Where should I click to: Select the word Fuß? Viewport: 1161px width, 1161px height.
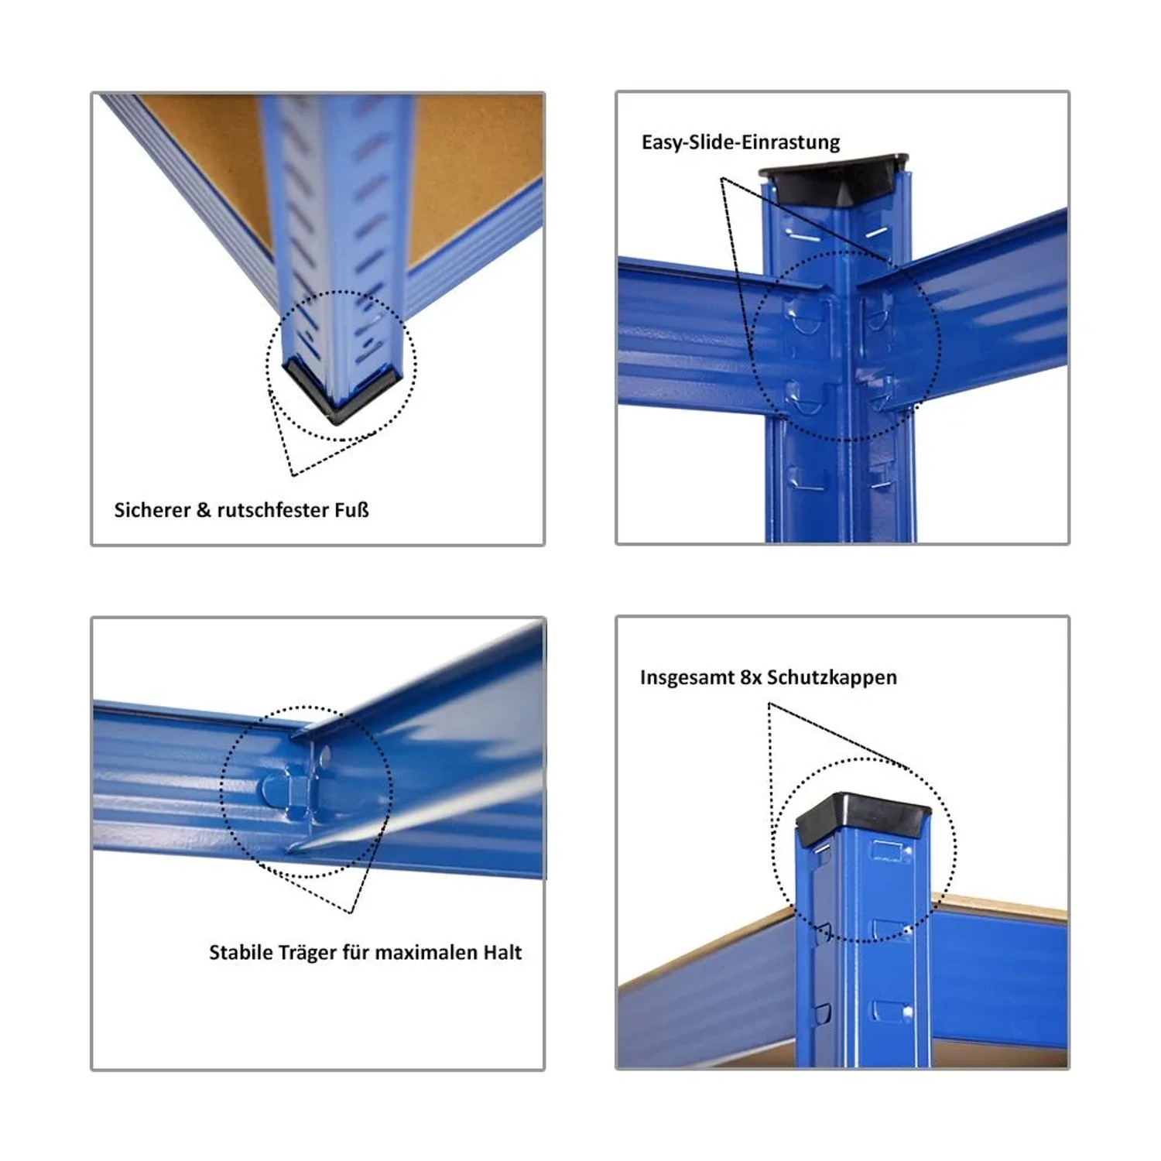pyautogui.click(x=352, y=510)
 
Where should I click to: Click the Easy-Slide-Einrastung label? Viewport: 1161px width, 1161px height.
pyautogui.click(x=741, y=142)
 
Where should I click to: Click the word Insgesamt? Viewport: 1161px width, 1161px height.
pyautogui.click(x=687, y=678)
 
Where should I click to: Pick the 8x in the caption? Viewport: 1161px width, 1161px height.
pyautogui.click(x=750, y=678)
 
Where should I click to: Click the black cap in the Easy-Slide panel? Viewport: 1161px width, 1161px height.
pyautogui.click(x=834, y=177)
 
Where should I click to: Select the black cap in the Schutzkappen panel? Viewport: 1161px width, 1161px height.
pyautogui.click(x=863, y=817)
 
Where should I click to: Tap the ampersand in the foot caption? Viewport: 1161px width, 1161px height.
pyautogui.click(x=204, y=510)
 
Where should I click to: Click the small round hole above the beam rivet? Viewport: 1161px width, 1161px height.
pyautogui.click(x=325, y=753)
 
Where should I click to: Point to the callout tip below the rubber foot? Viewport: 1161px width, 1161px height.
pyautogui.click(x=293, y=475)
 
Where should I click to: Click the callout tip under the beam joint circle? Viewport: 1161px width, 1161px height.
pyautogui.click(x=352, y=913)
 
